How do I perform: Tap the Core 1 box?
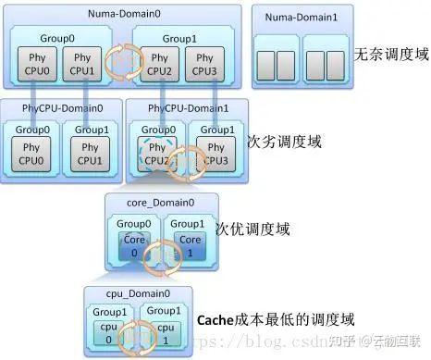pos(190,245)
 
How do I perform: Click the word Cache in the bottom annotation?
pos(216,319)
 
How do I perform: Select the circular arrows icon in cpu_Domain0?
pos(138,333)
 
